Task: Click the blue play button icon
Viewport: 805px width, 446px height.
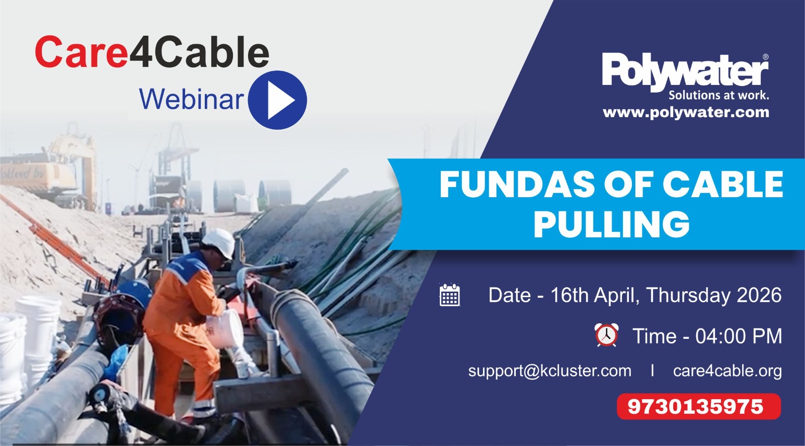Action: pyautogui.click(x=277, y=100)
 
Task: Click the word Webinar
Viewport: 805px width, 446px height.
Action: pyautogui.click(x=192, y=99)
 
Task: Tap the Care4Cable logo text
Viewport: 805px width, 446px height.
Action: pyautogui.click(x=152, y=52)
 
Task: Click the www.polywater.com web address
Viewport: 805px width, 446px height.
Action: pyautogui.click(x=686, y=113)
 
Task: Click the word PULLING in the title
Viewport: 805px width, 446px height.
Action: pyautogui.click(x=612, y=224)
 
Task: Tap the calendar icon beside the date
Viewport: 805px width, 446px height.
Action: pyautogui.click(x=450, y=295)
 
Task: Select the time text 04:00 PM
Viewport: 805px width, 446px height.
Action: pyautogui.click(x=739, y=336)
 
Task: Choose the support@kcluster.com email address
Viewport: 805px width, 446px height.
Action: pyautogui.click(x=549, y=371)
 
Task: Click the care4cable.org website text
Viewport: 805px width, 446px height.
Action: pyautogui.click(x=728, y=371)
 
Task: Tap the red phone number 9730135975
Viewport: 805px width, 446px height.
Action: pyautogui.click(x=695, y=406)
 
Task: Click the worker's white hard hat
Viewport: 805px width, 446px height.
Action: pyautogui.click(x=219, y=242)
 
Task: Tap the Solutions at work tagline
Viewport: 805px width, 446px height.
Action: pyautogui.click(x=718, y=95)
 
